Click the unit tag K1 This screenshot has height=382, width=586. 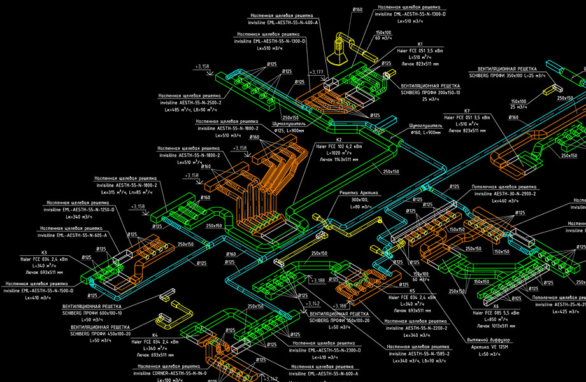tap(420, 45)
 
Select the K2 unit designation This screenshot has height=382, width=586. tap(339, 139)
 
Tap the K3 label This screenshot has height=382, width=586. tap(44, 253)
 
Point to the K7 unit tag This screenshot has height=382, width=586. tap(467, 111)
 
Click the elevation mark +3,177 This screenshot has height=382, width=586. tap(317, 73)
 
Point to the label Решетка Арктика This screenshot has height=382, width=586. tap(359, 193)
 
